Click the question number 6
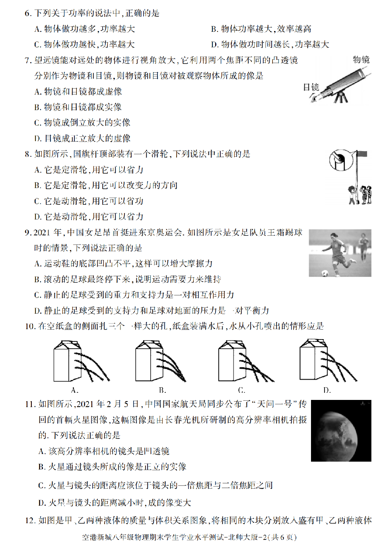pos(28,14)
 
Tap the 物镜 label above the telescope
pos(361,60)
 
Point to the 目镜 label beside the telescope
pos(311,87)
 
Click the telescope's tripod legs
pos(340,97)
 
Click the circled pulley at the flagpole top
pos(340,160)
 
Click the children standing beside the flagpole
pos(360,195)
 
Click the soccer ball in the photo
pos(325,273)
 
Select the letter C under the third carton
pos(241,390)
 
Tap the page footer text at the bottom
pos(189,537)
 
